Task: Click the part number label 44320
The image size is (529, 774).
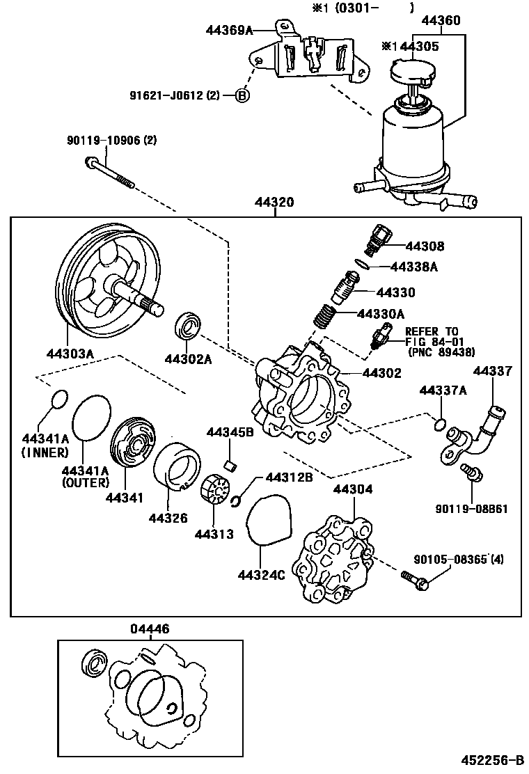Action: [275, 204]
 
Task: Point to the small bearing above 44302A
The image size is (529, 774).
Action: [188, 325]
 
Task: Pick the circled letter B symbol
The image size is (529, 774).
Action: [242, 95]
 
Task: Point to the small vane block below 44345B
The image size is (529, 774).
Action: [226, 464]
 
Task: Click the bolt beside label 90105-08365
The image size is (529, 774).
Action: [413, 578]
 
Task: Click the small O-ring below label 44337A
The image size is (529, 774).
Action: [440, 424]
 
